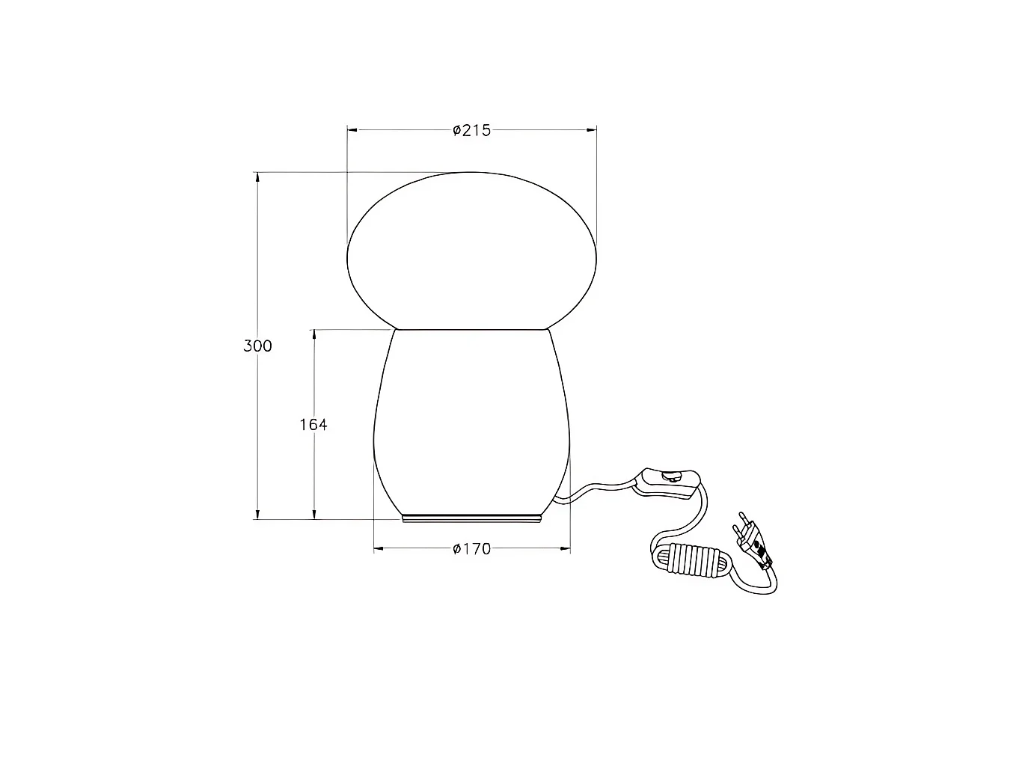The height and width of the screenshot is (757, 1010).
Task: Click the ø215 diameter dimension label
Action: (471, 131)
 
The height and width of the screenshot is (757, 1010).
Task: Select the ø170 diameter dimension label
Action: (471, 549)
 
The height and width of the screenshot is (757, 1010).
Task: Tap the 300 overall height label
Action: (257, 346)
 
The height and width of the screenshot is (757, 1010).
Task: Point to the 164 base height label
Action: (313, 424)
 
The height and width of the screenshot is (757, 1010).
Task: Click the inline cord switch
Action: (667, 483)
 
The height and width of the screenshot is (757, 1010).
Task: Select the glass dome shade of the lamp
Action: (471, 251)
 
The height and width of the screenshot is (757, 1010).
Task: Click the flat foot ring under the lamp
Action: (471, 519)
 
